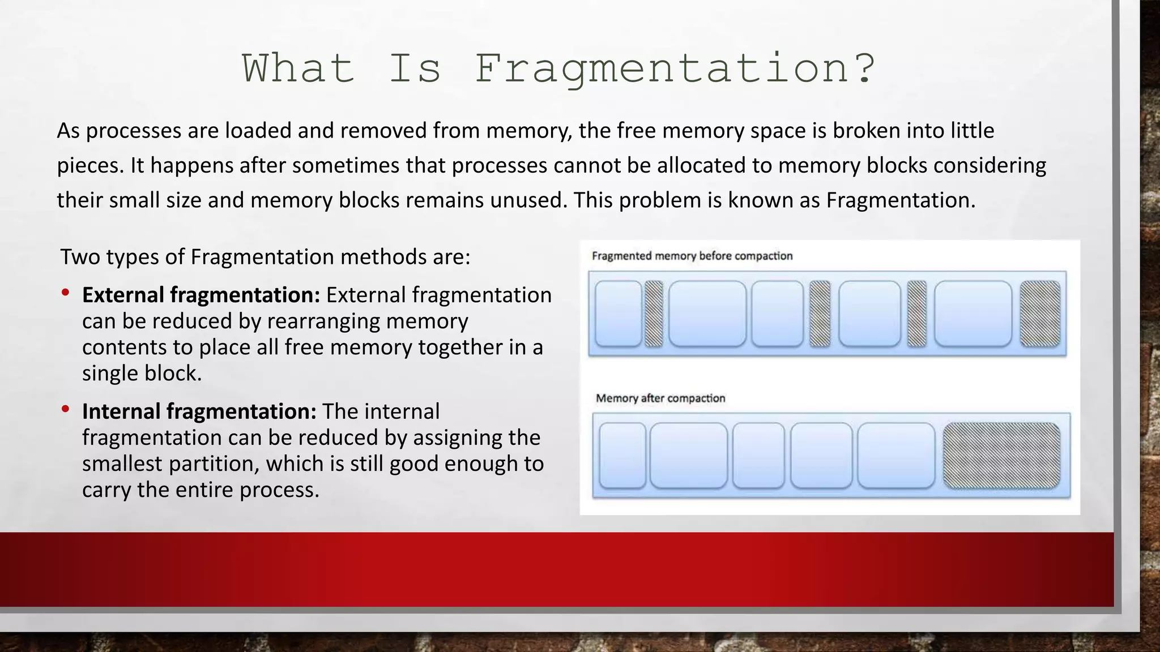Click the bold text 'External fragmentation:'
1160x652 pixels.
coord(201,295)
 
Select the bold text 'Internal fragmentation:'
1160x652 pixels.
coord(199,411)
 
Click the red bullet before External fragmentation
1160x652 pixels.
coord(66,293)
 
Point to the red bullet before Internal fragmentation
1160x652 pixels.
coord(66,409)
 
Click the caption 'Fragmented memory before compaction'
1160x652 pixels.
coord(692,256)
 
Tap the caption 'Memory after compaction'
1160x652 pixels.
coord(660,398)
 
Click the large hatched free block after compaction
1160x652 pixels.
coord(1001,456)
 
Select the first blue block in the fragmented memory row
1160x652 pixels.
coord(619,314)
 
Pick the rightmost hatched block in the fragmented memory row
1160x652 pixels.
coord(1040,314)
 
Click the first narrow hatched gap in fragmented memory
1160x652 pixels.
coord(654,314)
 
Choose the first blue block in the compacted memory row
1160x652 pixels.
coord(622,456)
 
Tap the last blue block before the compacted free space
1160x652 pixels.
coord(896,456)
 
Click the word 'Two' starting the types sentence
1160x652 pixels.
coord(80,257)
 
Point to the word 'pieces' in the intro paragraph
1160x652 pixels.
coord(89,166)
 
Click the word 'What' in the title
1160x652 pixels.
coord(298,69)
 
